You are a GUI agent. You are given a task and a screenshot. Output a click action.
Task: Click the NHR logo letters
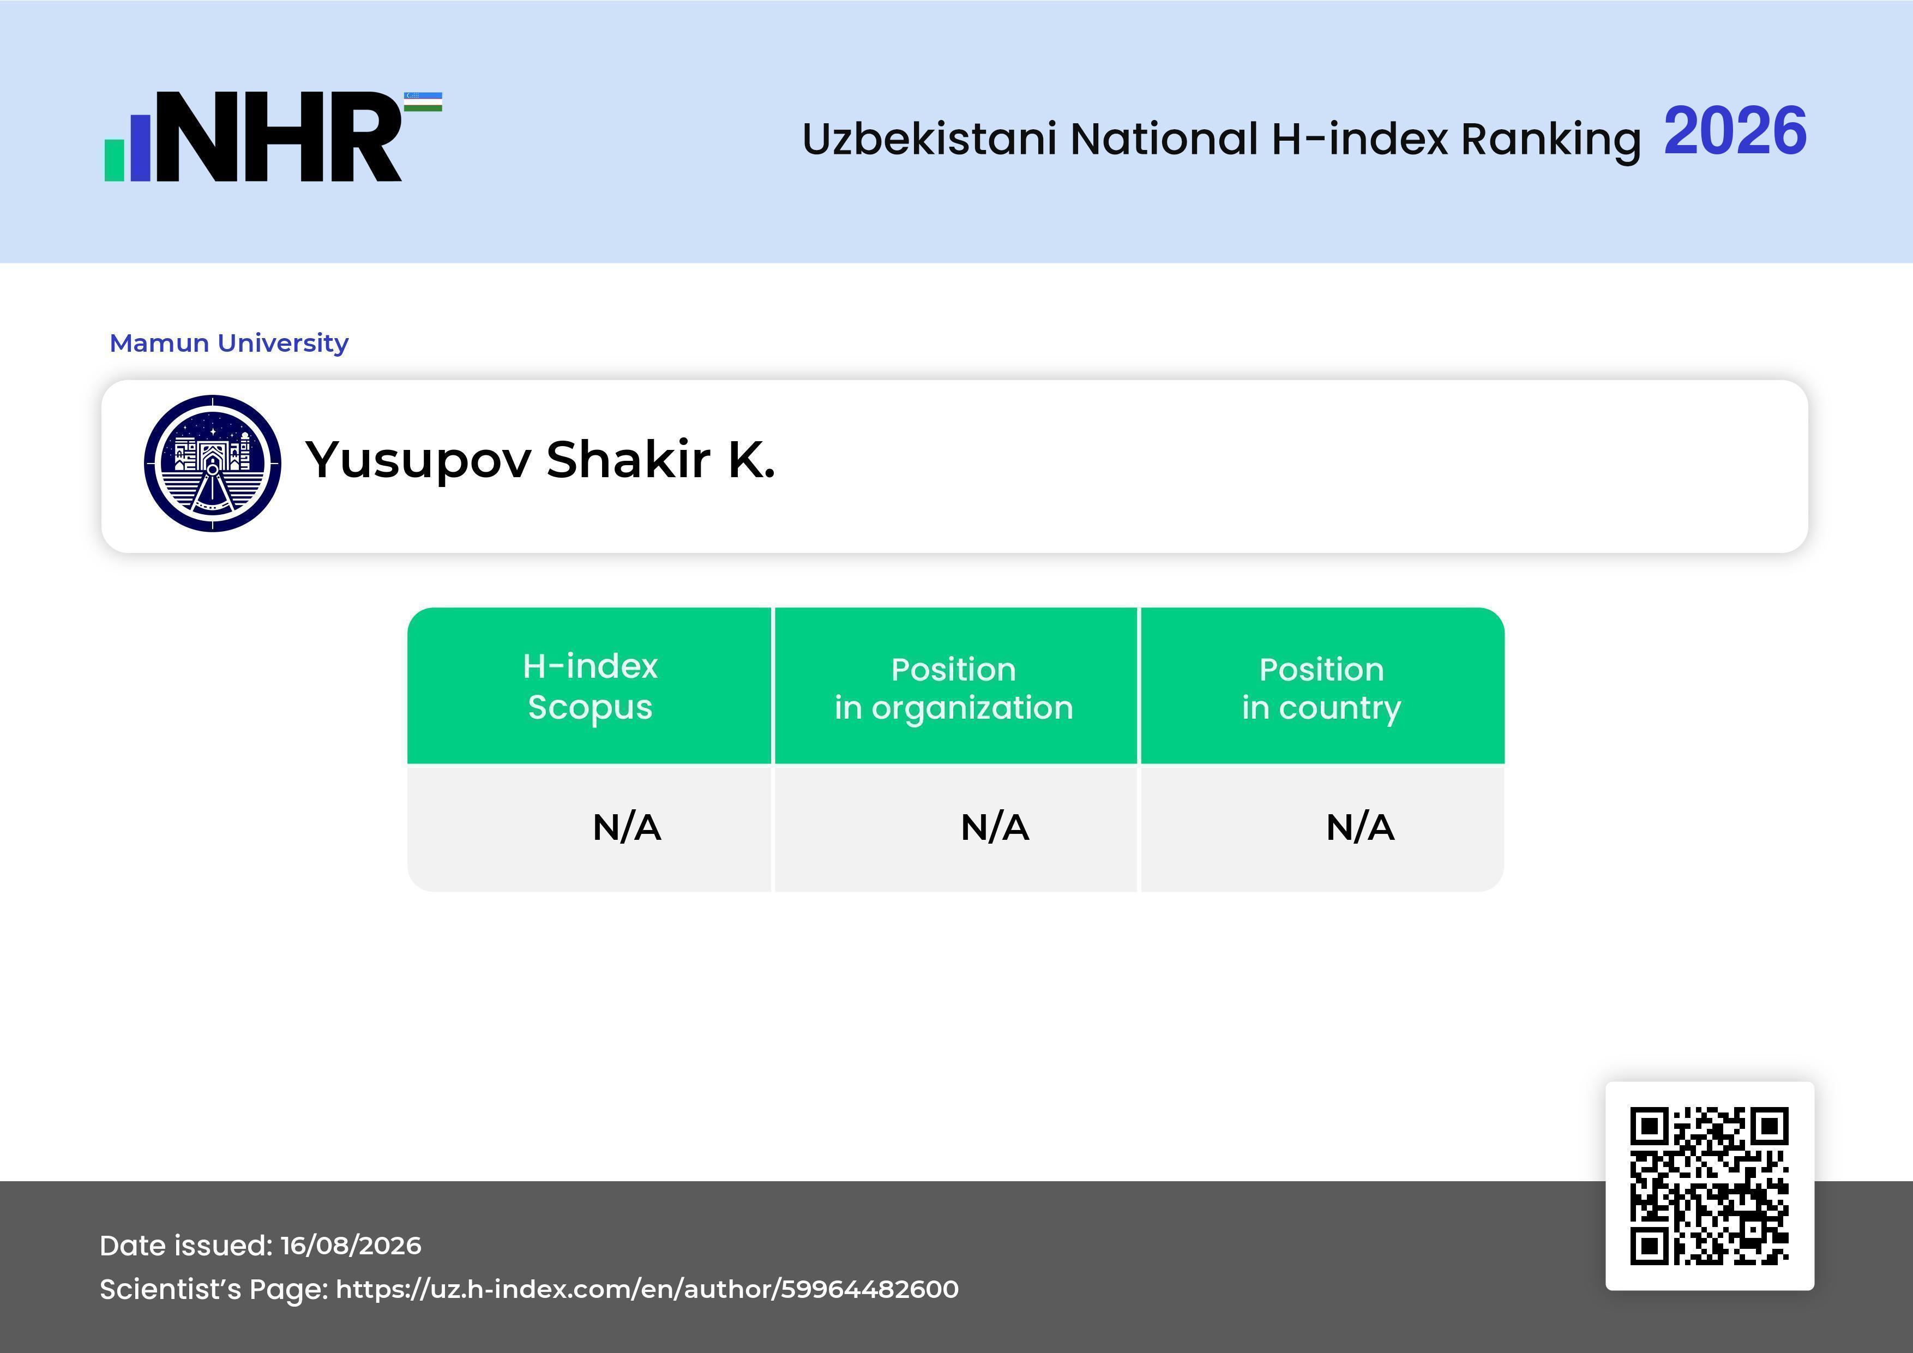click(278, 137)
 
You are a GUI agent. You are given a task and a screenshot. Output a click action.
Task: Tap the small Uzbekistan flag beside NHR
click(423, 101)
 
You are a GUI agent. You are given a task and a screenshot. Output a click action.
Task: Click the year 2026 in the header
click(1735, 131)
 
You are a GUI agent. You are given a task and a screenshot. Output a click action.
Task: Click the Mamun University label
click(229, 343)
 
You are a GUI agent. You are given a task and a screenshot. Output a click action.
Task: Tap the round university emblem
click(213, 463)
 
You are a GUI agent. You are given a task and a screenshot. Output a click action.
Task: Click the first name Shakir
click(628, 459)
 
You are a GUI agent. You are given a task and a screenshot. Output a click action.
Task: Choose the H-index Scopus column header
click(590, 687)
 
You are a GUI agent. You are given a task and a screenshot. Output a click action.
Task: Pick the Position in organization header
click(954, 689)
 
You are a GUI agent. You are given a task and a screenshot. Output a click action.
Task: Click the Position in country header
click(1321, 689)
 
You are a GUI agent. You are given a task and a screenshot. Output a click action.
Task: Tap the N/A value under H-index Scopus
click(627, 827)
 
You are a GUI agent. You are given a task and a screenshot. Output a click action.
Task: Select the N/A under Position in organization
click(995, 827)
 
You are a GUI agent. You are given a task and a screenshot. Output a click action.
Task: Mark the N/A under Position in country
click(1359, 827)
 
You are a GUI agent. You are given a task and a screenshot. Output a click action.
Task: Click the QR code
click(1710, 1186)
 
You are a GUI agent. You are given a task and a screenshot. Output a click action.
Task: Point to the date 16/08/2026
click(351, 1246)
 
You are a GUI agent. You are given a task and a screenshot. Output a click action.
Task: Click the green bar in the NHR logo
click(114, 160)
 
